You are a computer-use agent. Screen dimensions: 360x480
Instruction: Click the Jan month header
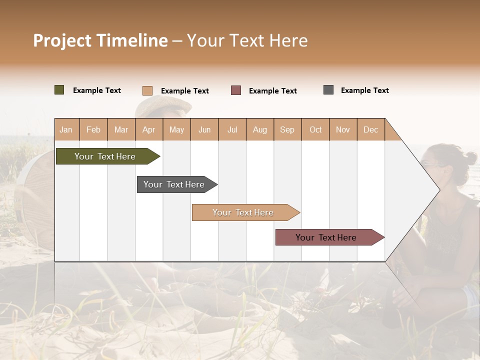pos(66,129)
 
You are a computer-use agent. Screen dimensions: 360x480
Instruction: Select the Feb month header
pos(93,129)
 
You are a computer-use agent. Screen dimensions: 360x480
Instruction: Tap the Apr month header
pos(148,129)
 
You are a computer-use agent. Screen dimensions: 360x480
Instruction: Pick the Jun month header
pos(204,129)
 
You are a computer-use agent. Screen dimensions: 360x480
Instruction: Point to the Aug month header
pos(259,129)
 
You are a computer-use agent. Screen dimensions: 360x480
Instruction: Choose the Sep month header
pos(287,129)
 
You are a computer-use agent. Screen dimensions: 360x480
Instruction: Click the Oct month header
pos(315,129)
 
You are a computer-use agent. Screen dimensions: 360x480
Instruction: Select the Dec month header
pos(370,129)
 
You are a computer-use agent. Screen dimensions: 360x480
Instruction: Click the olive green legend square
pos(59,90)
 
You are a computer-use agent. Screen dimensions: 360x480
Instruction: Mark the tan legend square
pos(147,90)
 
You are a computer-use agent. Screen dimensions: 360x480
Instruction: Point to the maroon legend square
pos(236,90)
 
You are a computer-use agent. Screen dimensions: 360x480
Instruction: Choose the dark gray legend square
pos(328,90)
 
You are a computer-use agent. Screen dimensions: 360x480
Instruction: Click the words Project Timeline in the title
pos(100,40)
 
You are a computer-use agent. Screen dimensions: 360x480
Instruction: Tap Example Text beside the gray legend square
pos(364,90)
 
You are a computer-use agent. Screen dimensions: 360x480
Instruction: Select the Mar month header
pos(121,129)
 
